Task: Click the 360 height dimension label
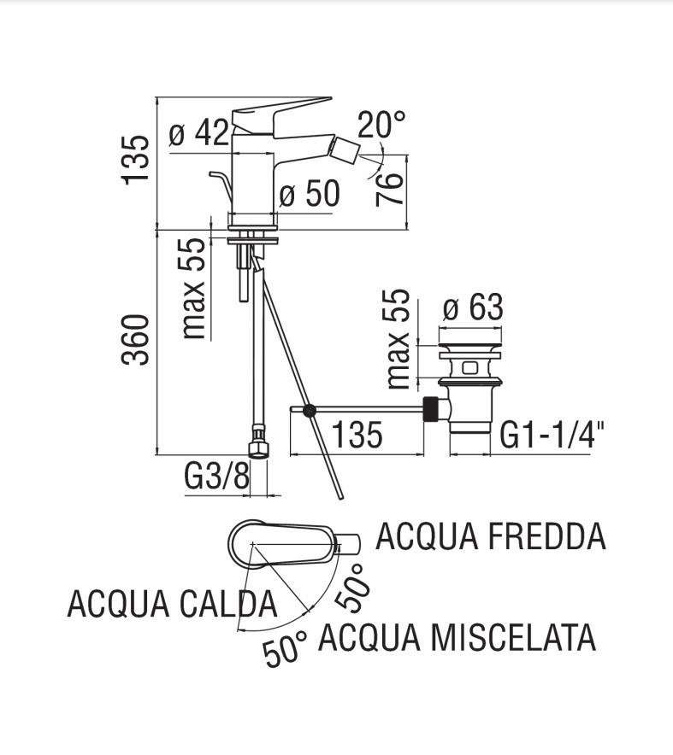137,340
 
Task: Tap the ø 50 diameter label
310,194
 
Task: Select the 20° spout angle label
381,125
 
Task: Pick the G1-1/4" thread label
552,436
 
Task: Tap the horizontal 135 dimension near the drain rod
357,436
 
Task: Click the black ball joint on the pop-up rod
310,411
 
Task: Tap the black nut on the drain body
435,410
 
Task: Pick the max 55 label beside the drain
398,340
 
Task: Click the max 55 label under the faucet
195,289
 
